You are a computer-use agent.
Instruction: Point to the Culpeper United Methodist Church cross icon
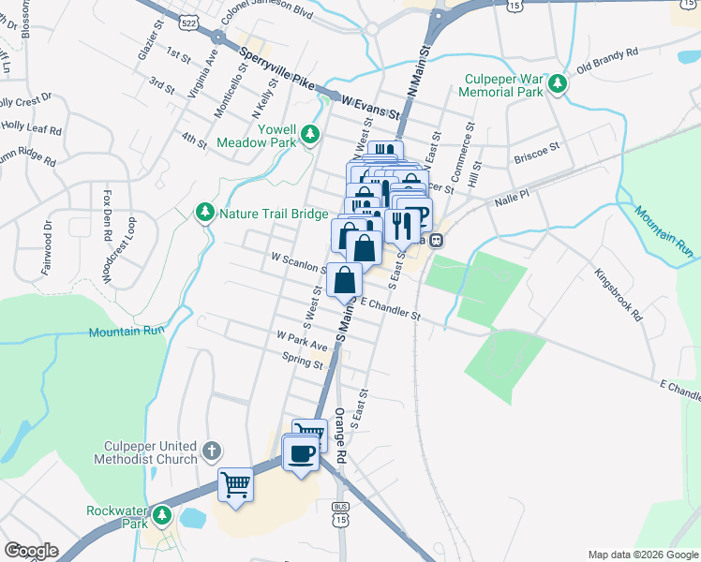pos(213,451)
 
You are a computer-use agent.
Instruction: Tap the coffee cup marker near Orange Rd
pos(300,454)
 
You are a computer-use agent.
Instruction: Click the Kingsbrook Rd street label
pos(620,296)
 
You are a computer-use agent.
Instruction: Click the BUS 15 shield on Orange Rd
pos(341,511)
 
